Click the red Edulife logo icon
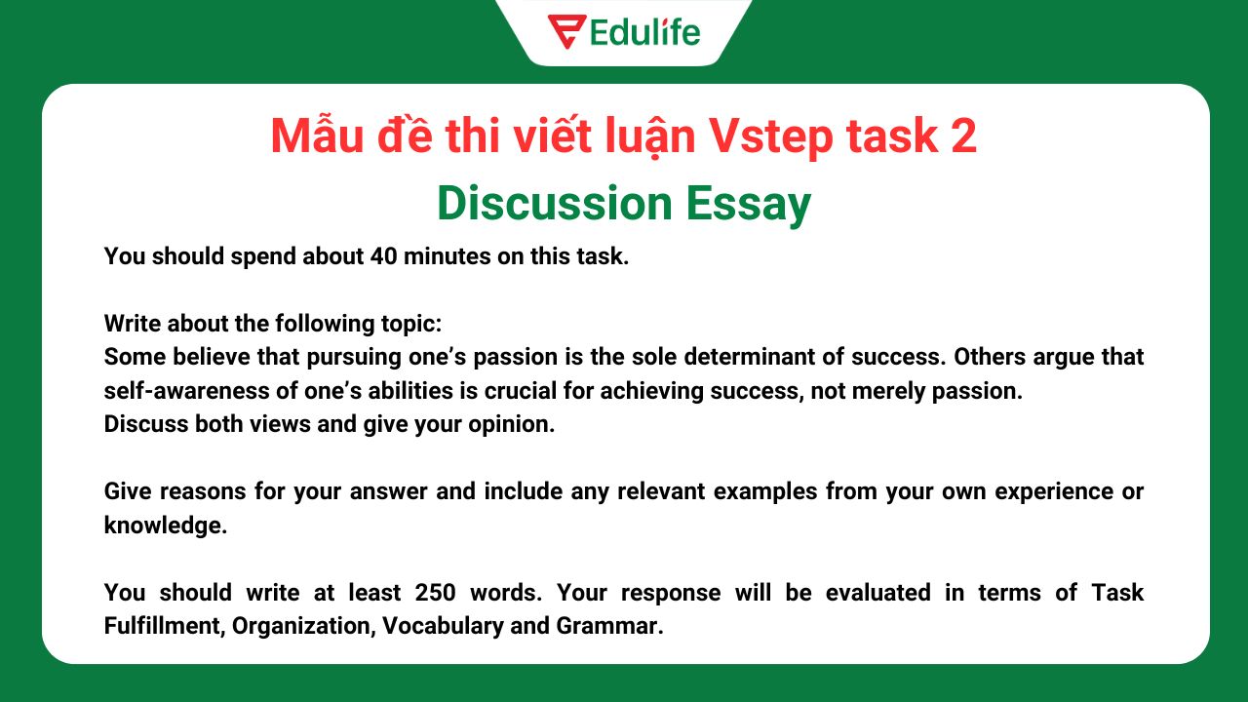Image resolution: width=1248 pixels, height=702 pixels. tap(566, 31)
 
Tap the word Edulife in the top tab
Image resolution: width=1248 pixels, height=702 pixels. tap(644, 32)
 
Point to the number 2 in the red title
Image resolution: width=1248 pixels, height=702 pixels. tap(962, 136)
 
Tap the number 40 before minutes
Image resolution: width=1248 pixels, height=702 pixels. tap(382, 257)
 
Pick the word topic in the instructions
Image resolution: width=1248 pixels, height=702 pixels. tap(409, 324)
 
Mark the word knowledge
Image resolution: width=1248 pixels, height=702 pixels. tap(165, 526)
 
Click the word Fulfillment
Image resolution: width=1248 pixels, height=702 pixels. tap(163, 626)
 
